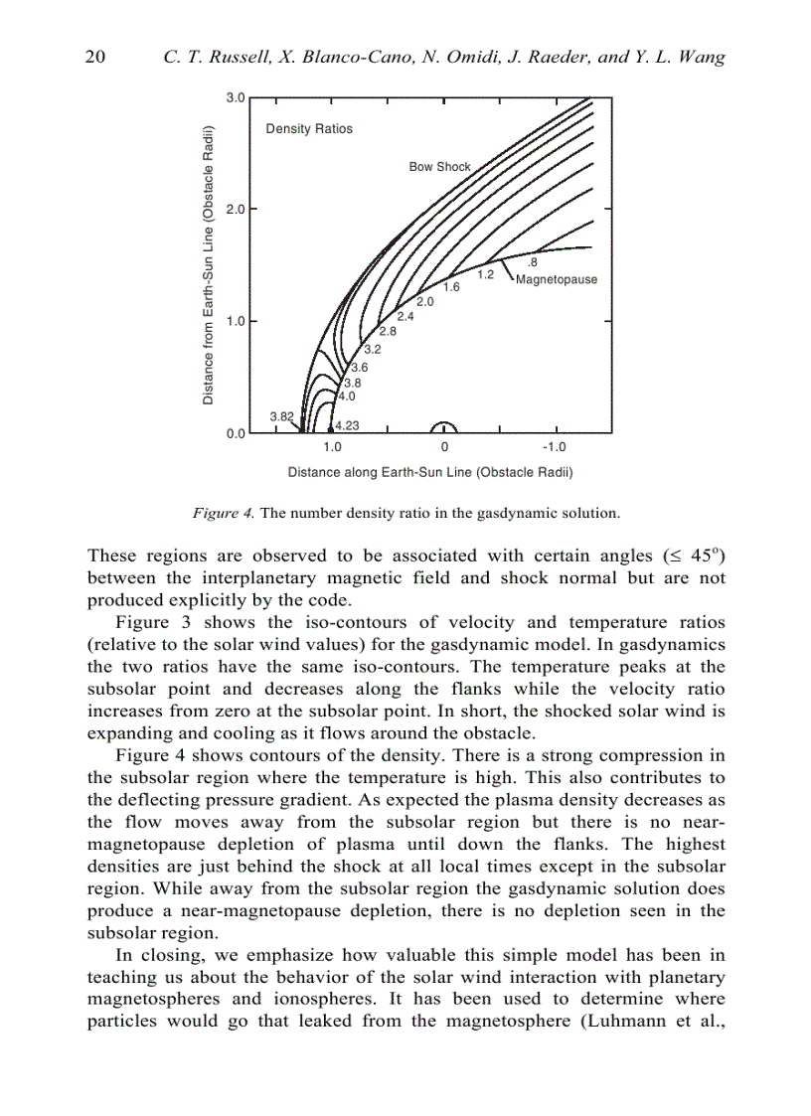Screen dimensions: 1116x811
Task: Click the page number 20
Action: pyautogui.click(x=96, y=57)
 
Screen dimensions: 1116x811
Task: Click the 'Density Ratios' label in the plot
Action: pyautogui.click(x=309, y=129)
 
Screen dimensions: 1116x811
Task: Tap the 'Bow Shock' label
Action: pyautogui.click(x=439, y=167)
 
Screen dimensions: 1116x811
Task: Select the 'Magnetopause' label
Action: pyautogui.click(x=557, y=279)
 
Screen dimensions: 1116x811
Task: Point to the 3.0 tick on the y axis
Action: pyautogui.click(x=235, y=98)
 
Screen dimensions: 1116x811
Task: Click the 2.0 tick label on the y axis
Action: pyautogui.click(x=235, y=210)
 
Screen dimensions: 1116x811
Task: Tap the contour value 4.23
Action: pyautogui.click(x=346, y=425)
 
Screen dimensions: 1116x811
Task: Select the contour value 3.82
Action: pyautogui.click(x=281, y=416)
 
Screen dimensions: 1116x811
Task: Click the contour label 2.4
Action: pyautogui.click(x=405, y=317)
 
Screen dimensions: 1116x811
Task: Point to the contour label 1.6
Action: pyautogui.click(x=451, y=287)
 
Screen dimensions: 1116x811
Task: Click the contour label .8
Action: pyautogui.click(x=532, y=262)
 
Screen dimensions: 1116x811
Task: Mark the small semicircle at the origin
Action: pyautogui.click(x=444, y=428)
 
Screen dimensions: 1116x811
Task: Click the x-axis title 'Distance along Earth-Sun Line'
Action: pyautogui.click(x=429, y=472)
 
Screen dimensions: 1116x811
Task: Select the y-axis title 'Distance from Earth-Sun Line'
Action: pyautogui.click(x=209, y=265)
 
